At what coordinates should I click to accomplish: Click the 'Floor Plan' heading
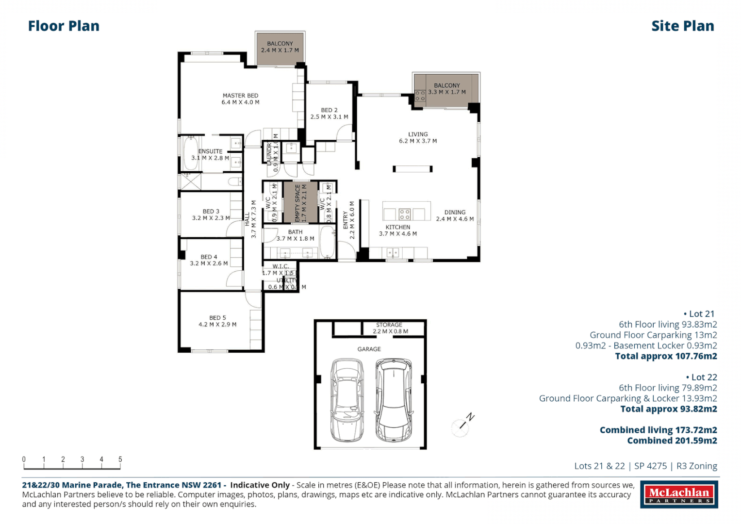[64, 26]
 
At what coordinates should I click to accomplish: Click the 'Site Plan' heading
[682, 26]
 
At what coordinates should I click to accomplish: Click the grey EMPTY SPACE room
[301, 202]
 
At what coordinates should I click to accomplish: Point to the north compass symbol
[461, 426]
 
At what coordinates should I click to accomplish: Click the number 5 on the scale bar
[120, 459]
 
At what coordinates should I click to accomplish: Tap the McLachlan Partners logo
[679, 495]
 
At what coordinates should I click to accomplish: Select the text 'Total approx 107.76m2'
[666, 356]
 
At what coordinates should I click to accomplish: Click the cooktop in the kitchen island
[405, 214]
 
